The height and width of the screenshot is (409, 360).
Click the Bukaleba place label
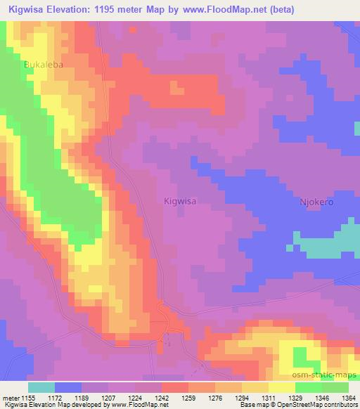(44, 64)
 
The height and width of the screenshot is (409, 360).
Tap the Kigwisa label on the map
(179, 200)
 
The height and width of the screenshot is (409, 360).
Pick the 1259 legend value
(188, 398)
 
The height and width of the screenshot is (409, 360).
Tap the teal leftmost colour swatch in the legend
(41, 387)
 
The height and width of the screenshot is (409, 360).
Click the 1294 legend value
(242, 398)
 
